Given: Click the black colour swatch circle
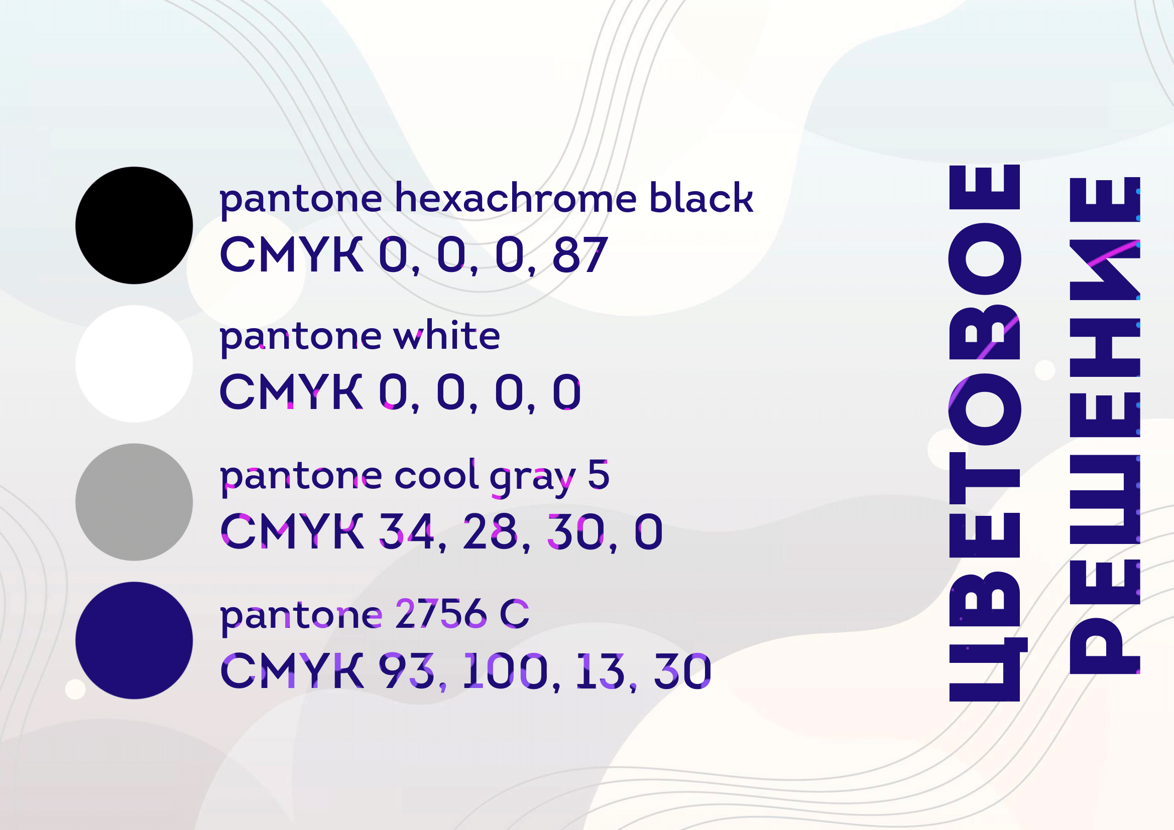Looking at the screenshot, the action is click(134, 225).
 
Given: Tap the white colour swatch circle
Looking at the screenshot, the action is click(134, 364).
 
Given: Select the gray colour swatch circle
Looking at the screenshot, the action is click(134, 502).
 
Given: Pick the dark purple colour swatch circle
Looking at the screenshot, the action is click(134, 640).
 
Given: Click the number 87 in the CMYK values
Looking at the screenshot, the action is click(580, 254).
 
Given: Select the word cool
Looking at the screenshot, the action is click(436, 474).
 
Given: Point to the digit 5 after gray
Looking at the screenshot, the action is click(599, 474).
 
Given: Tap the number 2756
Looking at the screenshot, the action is click(441, 613).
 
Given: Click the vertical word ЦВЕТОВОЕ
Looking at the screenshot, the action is click(984, 433).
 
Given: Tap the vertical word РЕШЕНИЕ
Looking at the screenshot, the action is click(1105, 426).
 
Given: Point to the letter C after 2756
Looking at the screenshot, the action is click(514, 613).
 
